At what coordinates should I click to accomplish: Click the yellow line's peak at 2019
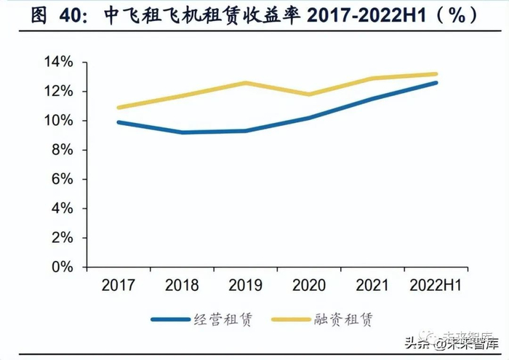click(x=244, y=83)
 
